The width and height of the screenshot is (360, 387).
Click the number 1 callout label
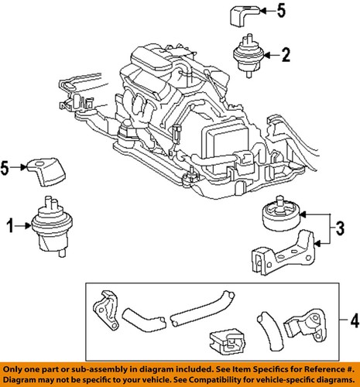pyautogui.click(x=10, y=226)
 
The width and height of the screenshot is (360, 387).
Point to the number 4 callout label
pyautogui.click(x=352, y=317)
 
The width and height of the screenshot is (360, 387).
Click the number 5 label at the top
pyautogui.click(x=281, y=11)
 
